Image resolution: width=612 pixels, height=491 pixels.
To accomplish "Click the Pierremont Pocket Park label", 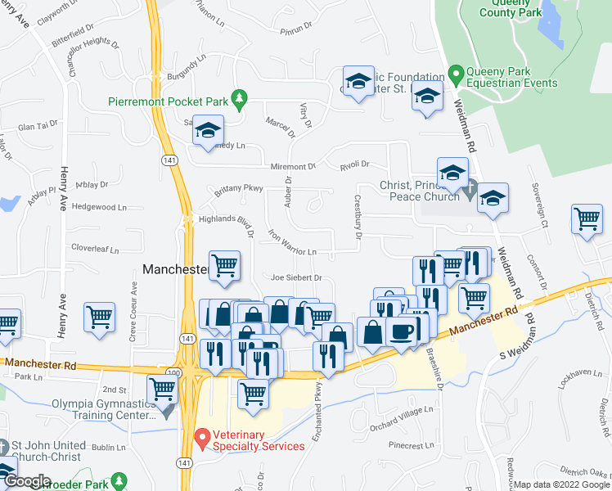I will [168, 102].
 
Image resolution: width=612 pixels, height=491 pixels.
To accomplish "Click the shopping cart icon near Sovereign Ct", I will [587, 219].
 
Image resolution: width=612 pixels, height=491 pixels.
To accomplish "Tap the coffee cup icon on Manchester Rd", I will [401, 332].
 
